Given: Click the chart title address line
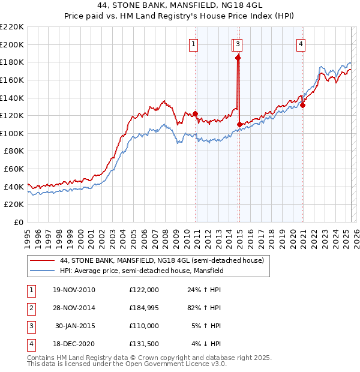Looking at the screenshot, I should (x=180, y=6).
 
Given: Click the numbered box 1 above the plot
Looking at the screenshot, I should (x=194, y=43).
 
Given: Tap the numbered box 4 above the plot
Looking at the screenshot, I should (x=300, y=43).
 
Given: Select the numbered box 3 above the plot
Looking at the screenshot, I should (x=238, y=43).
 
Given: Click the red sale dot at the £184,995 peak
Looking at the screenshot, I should (x=238, y=58).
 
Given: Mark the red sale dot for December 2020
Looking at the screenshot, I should (x=303, y=105).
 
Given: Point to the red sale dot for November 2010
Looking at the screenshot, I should (x=195, y=113).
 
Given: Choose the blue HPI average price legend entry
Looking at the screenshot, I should (x=142, y=271).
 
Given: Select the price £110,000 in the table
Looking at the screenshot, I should (x=143, y=326).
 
